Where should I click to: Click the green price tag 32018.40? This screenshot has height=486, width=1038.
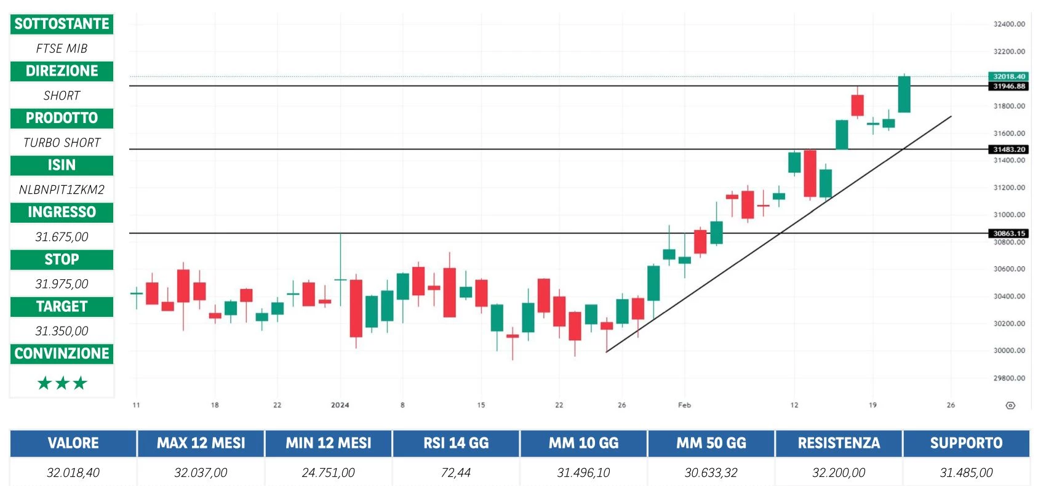tap(1009, 76)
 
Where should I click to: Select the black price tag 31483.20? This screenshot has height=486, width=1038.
tap(1009, 149)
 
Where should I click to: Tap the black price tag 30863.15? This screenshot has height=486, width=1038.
tap(1009, 233)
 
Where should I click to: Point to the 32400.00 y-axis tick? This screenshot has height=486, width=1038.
tap(1009, 24)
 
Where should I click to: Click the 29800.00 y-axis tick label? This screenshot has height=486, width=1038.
tap(1009, 378)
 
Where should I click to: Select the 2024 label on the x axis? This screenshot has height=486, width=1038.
tap(340, 405)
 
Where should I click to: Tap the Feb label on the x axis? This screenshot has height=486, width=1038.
tap(684, 405)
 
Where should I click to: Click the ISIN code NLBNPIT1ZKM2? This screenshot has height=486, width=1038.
tap(62, 189)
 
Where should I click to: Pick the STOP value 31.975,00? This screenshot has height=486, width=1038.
tap(62, 284)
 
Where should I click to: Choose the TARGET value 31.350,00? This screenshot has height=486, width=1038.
tap(62, 331)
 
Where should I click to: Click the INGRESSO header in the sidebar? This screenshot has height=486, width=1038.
tap(62, 212)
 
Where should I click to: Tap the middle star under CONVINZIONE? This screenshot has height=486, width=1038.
tap(62, 383)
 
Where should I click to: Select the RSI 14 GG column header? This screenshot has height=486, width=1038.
tap(456, 443)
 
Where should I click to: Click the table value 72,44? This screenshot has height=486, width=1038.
tap(456, 472)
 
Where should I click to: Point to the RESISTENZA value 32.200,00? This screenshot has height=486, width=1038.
tap(839, 472)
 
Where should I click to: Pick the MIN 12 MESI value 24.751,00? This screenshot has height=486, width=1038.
tap(329, 472)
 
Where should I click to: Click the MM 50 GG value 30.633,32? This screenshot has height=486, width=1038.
tap(711, 472)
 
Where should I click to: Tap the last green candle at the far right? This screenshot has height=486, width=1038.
tap(904, 94)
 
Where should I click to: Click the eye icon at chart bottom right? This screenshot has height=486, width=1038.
tap(1010, 405)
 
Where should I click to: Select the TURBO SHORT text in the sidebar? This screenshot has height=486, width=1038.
tap(62, 143)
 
